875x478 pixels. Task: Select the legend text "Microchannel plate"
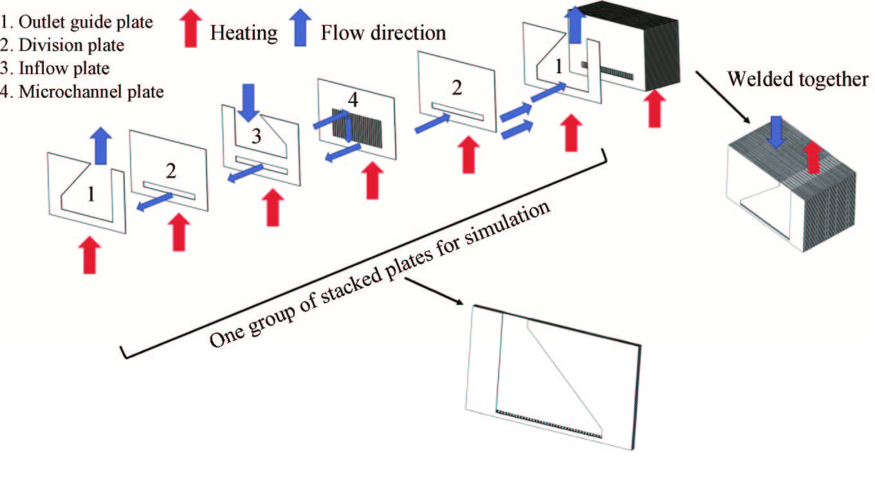coord(91,91)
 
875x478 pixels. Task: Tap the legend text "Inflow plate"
coord(64,68)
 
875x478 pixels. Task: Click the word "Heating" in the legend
coord(243,31)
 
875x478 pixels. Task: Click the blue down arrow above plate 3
coord(247,103)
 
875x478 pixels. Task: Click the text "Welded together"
coord(798,79)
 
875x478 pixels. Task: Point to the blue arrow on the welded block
coord(776,134)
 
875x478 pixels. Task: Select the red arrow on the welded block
coord(813,156)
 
